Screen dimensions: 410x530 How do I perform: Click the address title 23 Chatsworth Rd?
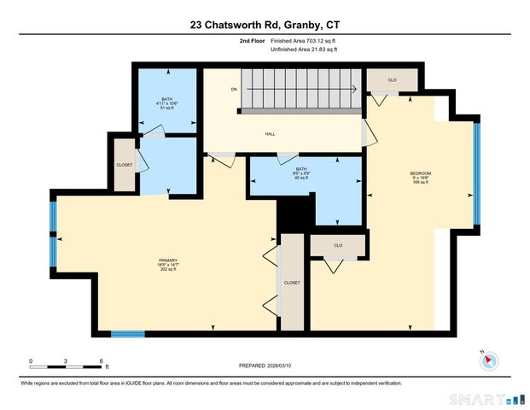(x=265, y=26)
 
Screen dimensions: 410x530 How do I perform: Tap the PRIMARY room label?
(x=168, y=264)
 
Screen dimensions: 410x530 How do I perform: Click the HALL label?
(x=270, y=134)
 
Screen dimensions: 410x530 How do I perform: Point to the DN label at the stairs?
(x=233, y=89)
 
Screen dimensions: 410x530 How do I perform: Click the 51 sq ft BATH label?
(x=166, y=103)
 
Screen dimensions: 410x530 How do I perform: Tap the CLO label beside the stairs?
(x=392, y=80)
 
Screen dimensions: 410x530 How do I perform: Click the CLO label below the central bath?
(x=338, y=245)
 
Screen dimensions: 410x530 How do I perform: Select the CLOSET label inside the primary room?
(x=292, y=283)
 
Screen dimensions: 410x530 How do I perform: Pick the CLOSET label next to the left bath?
(x=125, y=165)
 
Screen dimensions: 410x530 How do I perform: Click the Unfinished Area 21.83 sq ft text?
(x=304, y=50)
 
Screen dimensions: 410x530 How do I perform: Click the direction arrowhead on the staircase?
(x=352, y=89)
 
